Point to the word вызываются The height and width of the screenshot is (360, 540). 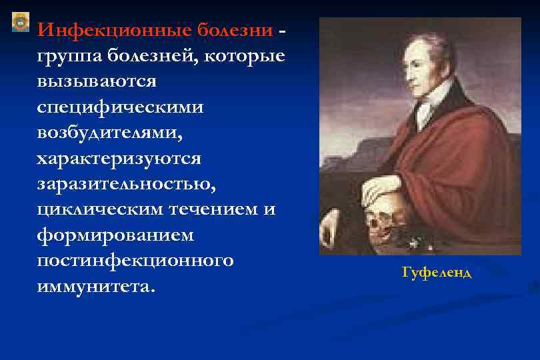click(97, 81)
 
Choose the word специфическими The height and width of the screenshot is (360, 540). click(121, 107)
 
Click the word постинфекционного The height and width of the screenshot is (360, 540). click(135, 261)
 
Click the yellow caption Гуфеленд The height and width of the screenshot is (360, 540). click(437, 273)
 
